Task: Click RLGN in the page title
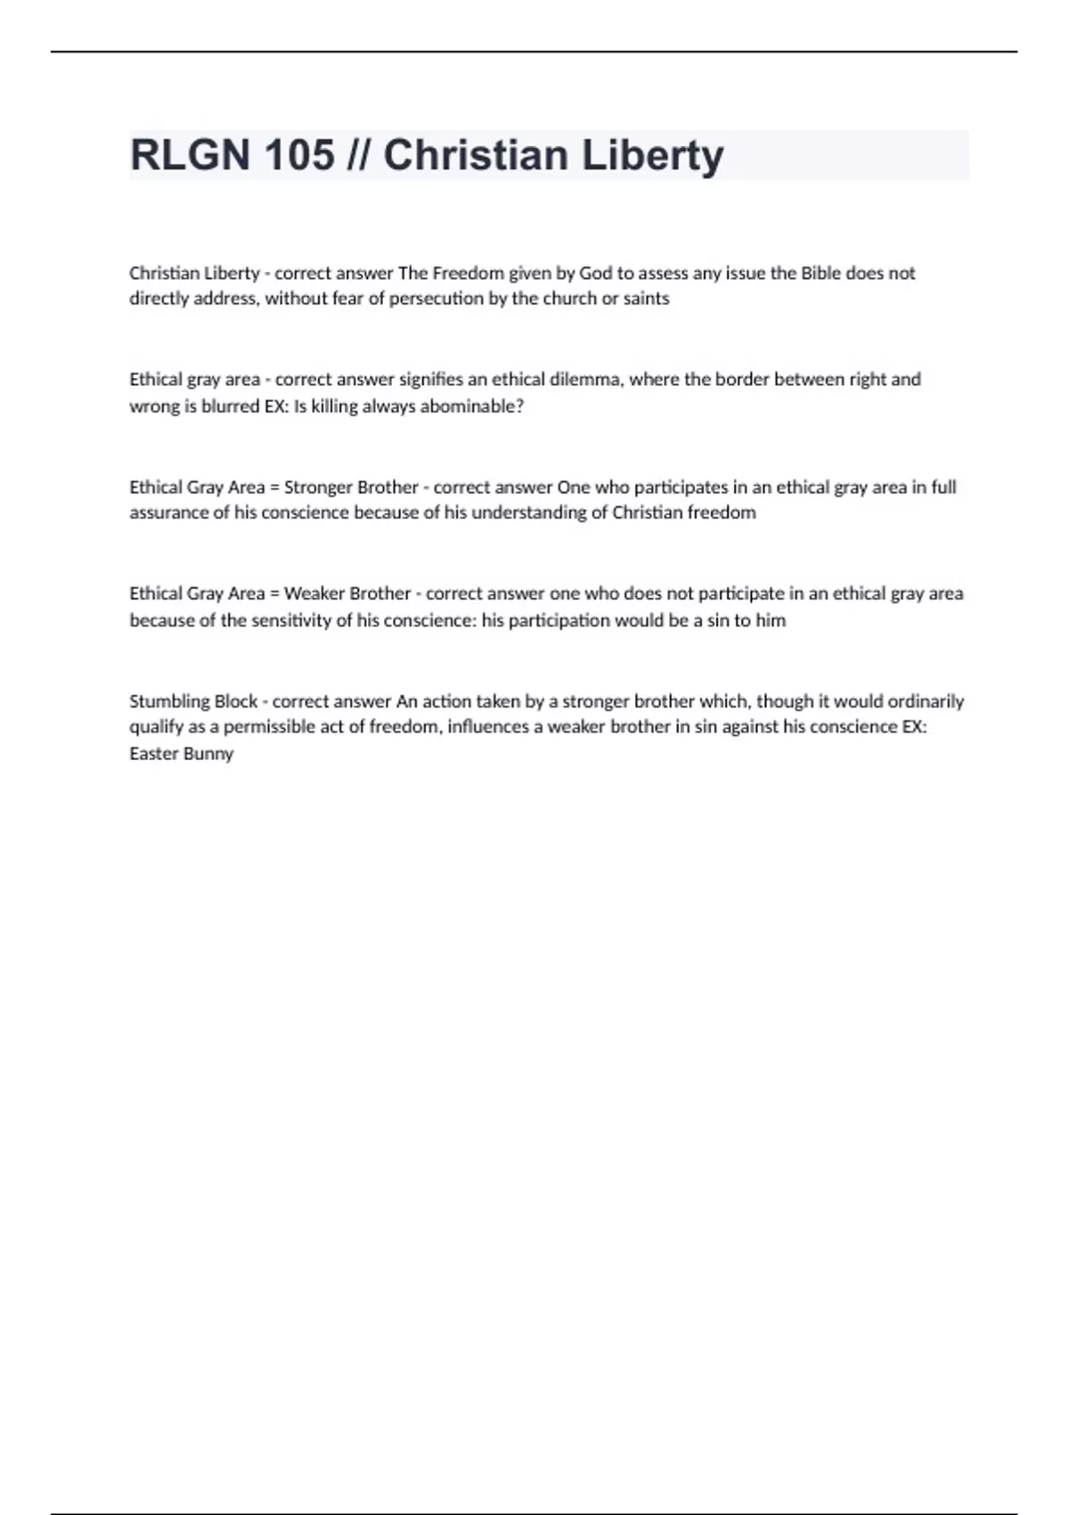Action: tap(190, 156)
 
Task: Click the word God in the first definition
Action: tap(595, 274)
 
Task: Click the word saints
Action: tap(646, 299)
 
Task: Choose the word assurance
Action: tap(167, 512)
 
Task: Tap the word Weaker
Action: tap(314, 594)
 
